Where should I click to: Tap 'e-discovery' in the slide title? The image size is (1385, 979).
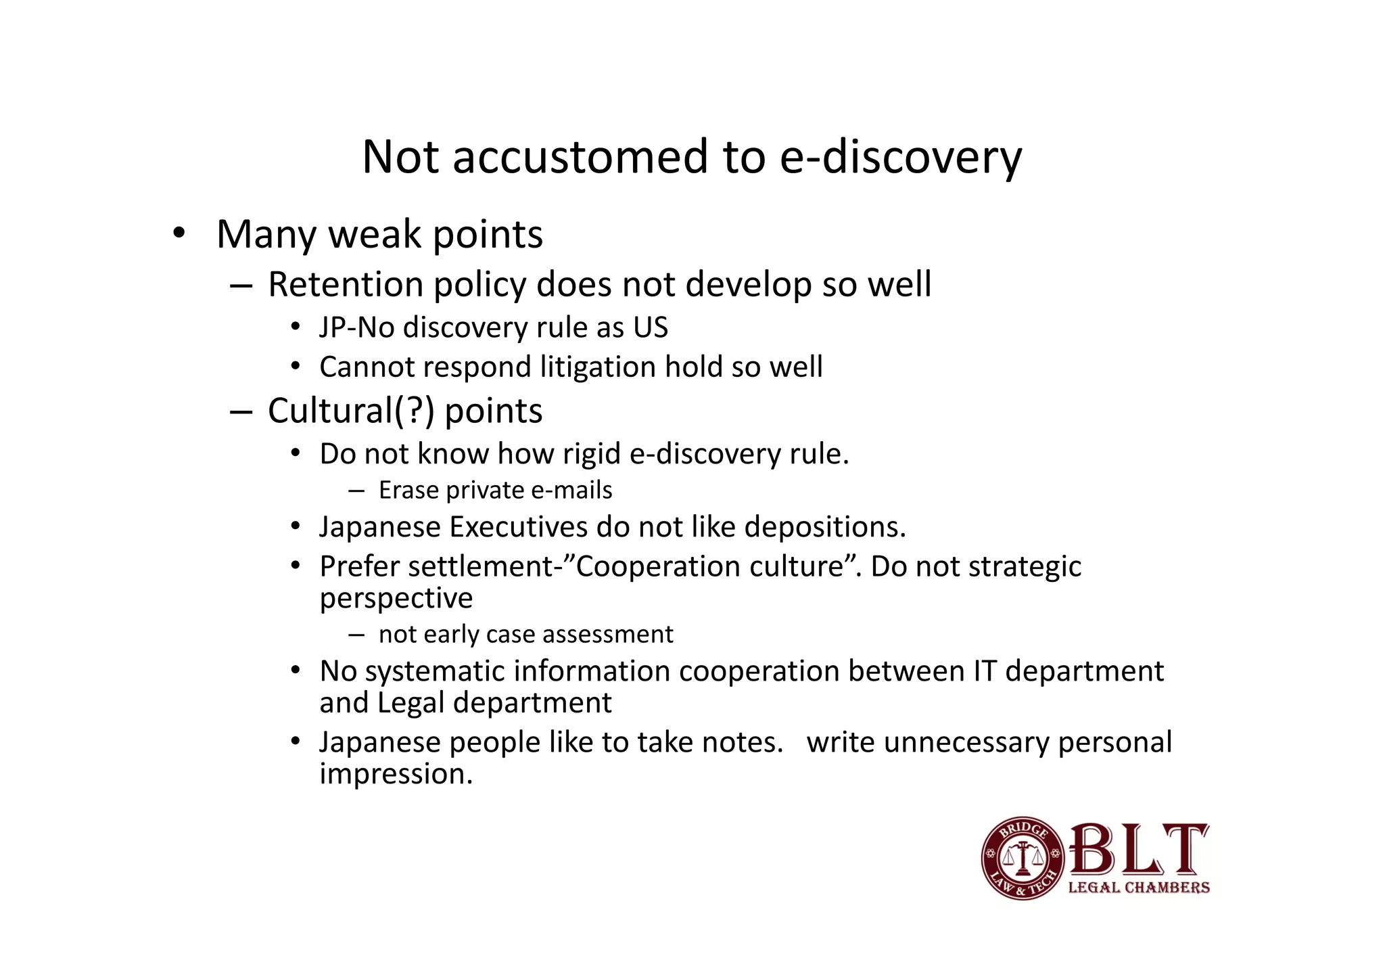coord(900,157)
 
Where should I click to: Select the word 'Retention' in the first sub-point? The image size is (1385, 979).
coord(345,284)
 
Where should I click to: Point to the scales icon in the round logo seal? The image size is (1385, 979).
coord(1022,857)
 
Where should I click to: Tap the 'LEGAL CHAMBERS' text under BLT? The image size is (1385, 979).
coord(1139,888)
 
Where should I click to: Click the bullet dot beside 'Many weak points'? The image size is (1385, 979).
coord(179,233)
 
